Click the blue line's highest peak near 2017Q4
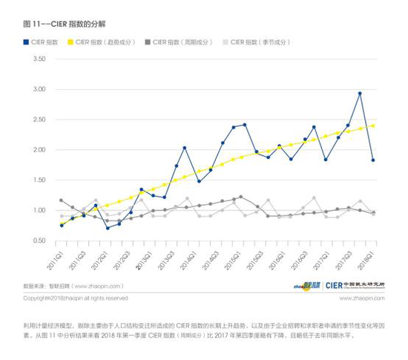click(360, 94)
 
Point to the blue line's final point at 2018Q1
click(372, 160)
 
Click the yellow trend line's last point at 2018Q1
click(372, 125)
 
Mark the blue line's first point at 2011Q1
click(61, 225)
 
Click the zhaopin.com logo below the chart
click(306, 285)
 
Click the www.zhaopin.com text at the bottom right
click(362, 298)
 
